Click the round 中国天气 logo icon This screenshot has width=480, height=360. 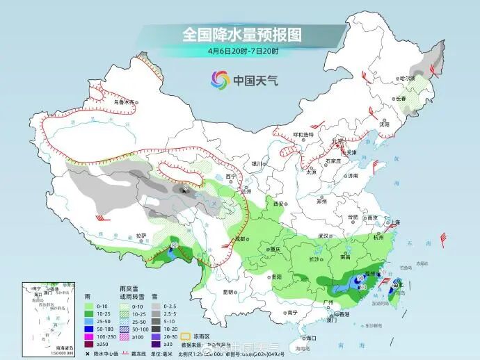tap(221, 80)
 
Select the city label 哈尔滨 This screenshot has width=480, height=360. tap(406, 78)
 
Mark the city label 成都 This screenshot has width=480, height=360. tap(241, 238)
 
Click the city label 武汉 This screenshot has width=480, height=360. tap(322, 236)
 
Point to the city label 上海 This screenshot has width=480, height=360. tap(395, 222)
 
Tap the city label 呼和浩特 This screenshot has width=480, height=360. tap(303, 134)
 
